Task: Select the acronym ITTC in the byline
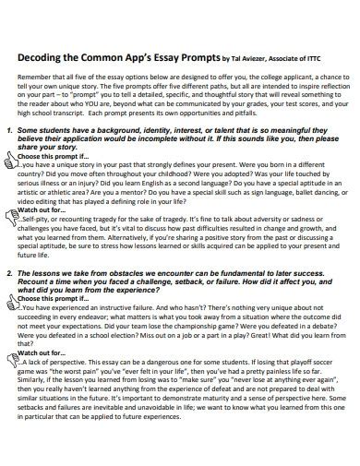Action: (x=324, y=58)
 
